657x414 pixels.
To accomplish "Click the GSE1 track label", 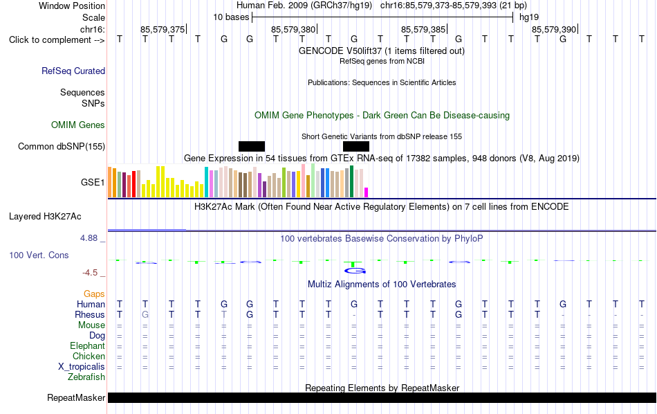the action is (93, 182).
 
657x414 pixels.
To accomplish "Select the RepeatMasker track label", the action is (76, 397).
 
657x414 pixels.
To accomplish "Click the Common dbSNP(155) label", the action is (61, 146).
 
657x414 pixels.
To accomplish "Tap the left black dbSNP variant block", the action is (252, 146).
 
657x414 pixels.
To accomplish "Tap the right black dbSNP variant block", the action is (355, 146).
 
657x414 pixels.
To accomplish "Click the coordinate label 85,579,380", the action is (293, 29).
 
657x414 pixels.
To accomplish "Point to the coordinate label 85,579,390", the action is (553, 29).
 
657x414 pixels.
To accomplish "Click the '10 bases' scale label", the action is (231, 17).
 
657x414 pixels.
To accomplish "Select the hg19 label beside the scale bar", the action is (529, 17).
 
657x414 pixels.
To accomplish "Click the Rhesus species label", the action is (90, 314).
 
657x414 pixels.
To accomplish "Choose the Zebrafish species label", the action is (86, 377).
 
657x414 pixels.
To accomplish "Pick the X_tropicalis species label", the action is (82, 367).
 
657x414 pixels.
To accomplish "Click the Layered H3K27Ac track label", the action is (45, 217).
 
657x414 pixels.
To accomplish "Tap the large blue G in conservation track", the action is (355, 271).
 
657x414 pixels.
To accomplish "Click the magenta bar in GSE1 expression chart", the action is (367, 192).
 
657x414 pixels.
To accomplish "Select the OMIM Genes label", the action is (78, 125).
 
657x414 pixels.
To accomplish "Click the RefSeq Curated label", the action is (73, 71).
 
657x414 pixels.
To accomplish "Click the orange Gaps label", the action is (94, 294).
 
